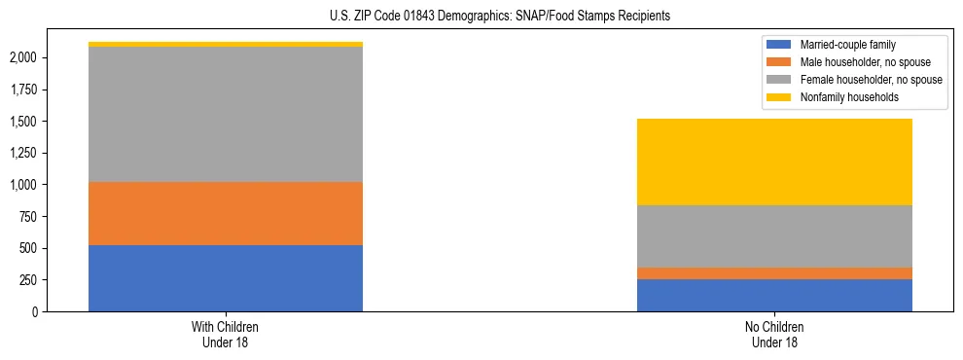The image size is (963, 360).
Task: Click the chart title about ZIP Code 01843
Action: click(481, 17)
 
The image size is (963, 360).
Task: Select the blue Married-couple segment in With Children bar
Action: click(226, 278)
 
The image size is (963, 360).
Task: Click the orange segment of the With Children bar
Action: click(226, 213)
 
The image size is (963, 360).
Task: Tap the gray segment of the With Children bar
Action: click(226, 114)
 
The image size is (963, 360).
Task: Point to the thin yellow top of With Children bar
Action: click(226, 44)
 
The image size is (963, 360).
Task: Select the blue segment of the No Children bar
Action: click(774, 295)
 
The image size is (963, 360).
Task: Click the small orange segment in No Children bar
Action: click(774, 273)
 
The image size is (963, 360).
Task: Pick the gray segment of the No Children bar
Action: click(774, 236)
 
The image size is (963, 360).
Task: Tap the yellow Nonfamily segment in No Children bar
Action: click(774, 162)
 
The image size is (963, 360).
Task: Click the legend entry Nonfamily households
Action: click(841, 97)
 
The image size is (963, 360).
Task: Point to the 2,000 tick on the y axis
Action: click(21, 57)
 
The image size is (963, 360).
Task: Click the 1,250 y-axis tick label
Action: click(21, 153)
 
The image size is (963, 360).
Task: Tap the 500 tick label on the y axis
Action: click(27, 248)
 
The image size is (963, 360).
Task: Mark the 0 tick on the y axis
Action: click(34, 311)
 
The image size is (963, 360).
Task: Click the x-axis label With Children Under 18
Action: click(226, 334)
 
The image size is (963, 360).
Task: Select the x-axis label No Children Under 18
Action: click(774, 334)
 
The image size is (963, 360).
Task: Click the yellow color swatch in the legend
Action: click(779, 97)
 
